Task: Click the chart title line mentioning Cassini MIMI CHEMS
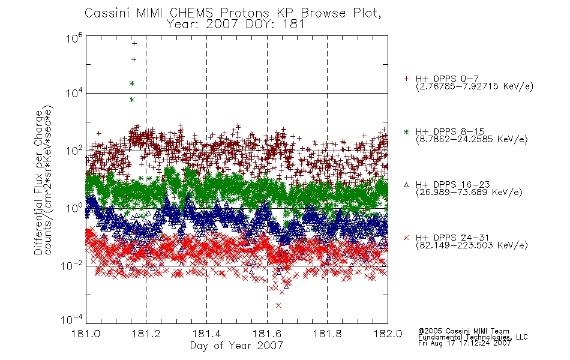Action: [233, 13]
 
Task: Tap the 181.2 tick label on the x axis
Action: [146, 334]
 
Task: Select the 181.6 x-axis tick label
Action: [267, 334]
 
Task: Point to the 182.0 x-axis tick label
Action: [388, 334]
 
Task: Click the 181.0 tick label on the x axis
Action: [86, 334]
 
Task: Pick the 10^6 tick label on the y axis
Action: [74, 37]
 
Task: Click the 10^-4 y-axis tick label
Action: [72, 319]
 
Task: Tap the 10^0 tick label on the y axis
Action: [74, 208]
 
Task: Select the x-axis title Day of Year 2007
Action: [236, 346]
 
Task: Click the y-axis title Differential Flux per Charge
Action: [38, 182]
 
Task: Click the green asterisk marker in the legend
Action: [406, 131]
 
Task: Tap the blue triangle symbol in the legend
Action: [406, 185]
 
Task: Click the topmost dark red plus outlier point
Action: [134, 43]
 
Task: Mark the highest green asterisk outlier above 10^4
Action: [132, 83]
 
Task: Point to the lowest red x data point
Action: [278, 305]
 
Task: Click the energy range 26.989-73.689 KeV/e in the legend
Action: [469, 193]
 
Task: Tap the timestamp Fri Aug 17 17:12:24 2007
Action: [464, 343]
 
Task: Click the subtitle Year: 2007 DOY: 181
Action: [236, 25]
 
